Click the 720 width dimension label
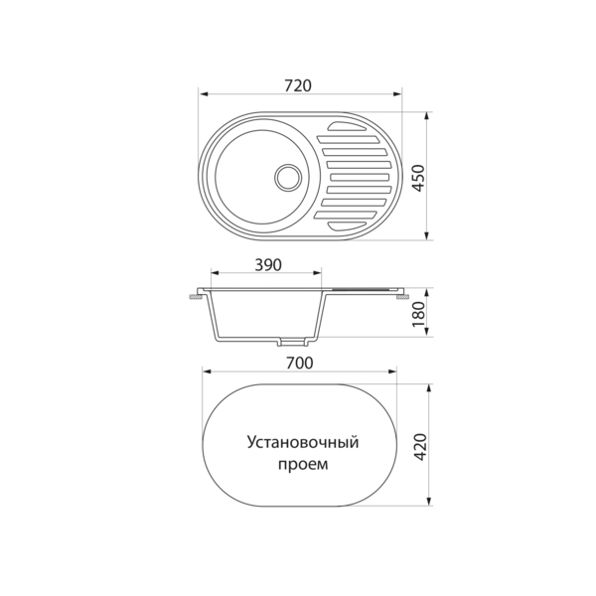(298, 85)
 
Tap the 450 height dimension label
(418, 178)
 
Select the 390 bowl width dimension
(268, 265)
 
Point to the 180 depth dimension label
(418, 314)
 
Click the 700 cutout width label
(300, 363)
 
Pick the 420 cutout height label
(420, 447)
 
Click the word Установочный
(303, 443)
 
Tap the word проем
(303, 464)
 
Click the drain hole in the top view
(288, 177)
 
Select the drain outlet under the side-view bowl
(292, 342)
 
